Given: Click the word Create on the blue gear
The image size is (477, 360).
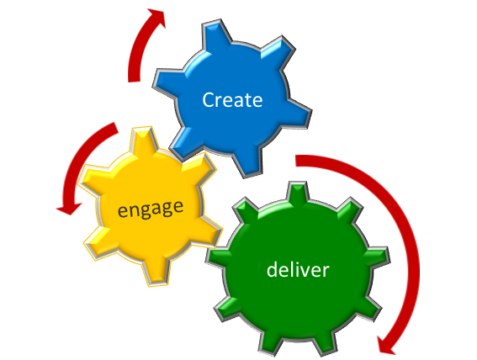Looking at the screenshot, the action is tap(232, 100).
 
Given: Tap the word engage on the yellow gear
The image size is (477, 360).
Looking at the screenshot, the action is tap(151, 209).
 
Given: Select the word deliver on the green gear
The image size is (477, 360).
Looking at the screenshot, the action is tap(298, 269).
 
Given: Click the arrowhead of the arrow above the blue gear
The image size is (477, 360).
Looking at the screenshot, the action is tap(156, 18).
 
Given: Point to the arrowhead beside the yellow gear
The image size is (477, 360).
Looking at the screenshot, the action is tap(69, 209).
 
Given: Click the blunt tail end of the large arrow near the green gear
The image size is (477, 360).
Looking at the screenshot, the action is tap(296, 161).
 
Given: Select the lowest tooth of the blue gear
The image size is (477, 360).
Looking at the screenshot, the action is tap(247, 162).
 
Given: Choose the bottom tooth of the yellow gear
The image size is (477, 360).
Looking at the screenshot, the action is tap(156, 273).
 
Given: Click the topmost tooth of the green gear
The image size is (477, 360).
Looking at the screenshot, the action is tap(298, 192).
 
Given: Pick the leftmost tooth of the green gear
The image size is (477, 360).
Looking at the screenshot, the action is tap(216, 257).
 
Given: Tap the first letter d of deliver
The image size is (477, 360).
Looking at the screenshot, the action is tap(273, 269).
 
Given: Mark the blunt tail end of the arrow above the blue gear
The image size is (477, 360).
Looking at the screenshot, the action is tap(134, 82).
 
